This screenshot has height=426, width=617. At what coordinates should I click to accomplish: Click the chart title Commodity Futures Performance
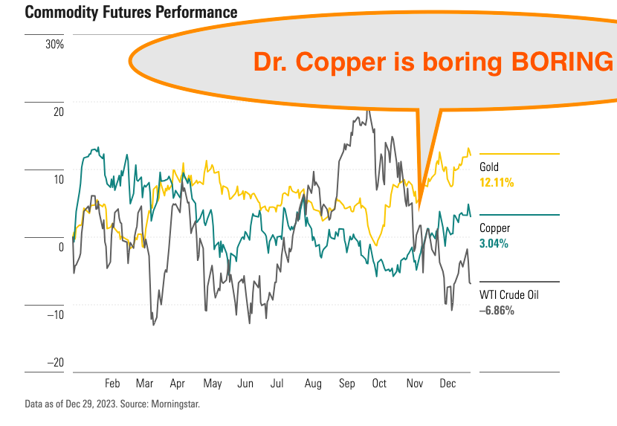pos(131,12)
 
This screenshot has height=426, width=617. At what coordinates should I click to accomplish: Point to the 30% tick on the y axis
pos(55,45)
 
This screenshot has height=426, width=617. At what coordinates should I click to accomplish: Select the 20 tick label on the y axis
pos(59,112)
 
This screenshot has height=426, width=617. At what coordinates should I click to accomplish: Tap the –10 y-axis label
pos(56,314)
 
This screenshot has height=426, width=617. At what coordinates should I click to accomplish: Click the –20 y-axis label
pos(56,362)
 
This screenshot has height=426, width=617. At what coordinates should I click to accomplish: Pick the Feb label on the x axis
pos(112,384)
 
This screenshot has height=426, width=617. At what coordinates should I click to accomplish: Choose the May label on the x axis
pos(213,384)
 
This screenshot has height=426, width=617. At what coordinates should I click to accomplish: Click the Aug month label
pos(313,384)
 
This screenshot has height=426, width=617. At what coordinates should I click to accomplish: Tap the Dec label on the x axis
pos(448,384)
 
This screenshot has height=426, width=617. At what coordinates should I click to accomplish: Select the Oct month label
pos(379,384)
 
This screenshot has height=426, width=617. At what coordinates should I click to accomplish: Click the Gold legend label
pos(489,167)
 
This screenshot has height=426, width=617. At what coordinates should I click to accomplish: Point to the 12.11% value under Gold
pos(497,183)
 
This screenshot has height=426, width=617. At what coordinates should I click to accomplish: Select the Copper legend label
pos(494,228)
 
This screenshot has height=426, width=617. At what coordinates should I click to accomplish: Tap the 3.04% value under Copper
pos(494,244)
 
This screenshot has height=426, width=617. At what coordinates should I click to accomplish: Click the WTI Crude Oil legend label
pos(509,295)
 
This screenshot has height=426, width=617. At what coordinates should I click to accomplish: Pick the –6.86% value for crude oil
pos(497,311)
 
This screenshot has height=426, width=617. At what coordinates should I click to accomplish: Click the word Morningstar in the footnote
pos(175,404)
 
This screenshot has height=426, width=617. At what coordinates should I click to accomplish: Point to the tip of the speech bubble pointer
pos(419,209)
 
